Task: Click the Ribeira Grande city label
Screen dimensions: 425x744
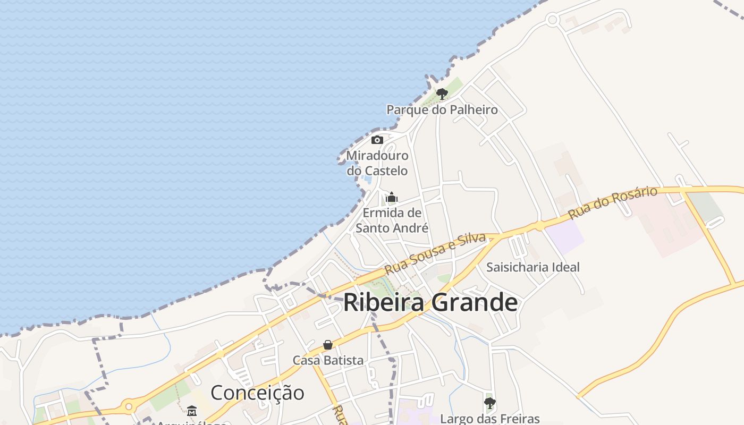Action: click(430, 303)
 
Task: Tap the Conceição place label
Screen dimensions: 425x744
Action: click(257, 393)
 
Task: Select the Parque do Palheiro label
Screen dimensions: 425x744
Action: click(442, 110)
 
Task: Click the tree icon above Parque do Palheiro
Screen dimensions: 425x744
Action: click(442, 94)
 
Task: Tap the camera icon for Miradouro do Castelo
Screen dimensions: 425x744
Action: click(377, 140)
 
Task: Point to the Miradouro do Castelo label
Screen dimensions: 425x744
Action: click(377, 163)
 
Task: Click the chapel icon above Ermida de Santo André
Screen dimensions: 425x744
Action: click(392, 198)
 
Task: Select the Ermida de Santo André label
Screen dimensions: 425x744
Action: click(392, 220)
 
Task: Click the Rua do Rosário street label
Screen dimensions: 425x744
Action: click(612, 202)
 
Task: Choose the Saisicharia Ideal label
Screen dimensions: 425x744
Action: click(533, 267)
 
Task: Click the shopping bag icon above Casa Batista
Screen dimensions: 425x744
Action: click(328, 345)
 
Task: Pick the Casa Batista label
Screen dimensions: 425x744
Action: click(328, 360)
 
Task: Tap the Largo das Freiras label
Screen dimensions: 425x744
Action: click(490, 419)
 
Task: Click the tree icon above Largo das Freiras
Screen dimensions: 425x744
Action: click(490, 403)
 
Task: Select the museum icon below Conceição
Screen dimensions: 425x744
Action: click(192, 411)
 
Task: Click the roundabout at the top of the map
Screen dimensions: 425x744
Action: click(552, 20)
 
